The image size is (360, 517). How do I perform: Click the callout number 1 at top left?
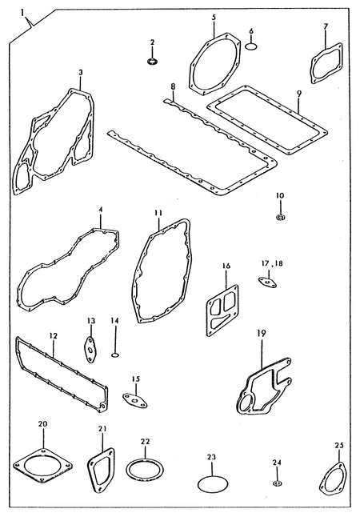pyautogui.click(x=22, y=13)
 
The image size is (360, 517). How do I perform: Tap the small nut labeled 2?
pyautogui.click(x=152, y=62)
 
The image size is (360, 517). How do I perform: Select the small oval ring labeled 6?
pyautogui.click(x=251, y=46)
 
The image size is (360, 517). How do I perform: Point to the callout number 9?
pyautogui.click(x=298, y=94)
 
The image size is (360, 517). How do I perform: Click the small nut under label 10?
pyautogui.click(x=280, y=217)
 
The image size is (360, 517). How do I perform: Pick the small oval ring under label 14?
pyautogui.click(x=114, y=355)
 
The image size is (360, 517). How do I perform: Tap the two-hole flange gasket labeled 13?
pyautogui.click(x=89, y=349)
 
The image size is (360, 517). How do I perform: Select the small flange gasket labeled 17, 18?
pyautogui.click(x=267, y=282)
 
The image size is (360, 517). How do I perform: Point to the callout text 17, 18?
pyautogui.click(x=272, y=264)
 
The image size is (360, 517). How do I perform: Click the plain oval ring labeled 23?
pyautogui.click(x=213, y=484)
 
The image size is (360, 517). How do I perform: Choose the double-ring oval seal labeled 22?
pyautogui.click(x=145, y=468)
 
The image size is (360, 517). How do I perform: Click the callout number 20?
pyautogui.click(x=43, y=423)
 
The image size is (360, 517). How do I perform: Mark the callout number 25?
pyautogui.click(x=339, y=446)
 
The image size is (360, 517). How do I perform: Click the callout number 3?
pyautogui.click(x=81, y=72)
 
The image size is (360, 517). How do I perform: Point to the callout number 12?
pyautogui.click(x=54, y=335)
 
